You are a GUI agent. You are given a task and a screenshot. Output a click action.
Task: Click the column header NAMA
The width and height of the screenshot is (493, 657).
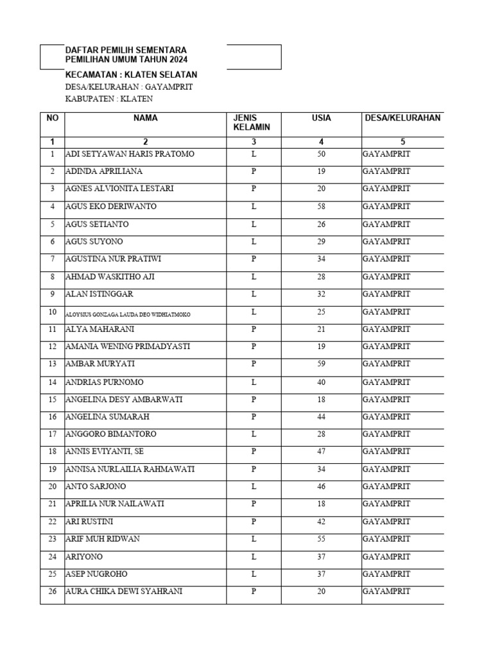[146, 118]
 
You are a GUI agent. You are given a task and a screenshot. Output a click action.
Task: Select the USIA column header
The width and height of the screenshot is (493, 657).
[321, 118]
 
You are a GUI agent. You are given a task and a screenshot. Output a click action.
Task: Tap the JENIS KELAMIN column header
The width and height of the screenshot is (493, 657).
[252, 123]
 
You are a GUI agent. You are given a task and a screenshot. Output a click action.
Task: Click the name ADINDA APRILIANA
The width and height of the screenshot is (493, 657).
[104, 172]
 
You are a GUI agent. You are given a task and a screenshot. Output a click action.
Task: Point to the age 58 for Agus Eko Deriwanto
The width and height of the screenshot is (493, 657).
[321, 207]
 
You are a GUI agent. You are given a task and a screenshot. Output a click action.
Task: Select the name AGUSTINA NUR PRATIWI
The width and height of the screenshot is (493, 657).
[112, 259]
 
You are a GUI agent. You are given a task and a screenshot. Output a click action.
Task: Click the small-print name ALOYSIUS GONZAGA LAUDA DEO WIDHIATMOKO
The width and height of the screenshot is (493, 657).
[128, 314]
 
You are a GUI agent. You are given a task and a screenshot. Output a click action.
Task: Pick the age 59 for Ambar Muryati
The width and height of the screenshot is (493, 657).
[321, 364]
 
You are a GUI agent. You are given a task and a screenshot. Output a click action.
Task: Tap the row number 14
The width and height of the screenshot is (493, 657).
[52, 382]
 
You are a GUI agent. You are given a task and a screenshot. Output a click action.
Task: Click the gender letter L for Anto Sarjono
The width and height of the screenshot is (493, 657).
[254, 486]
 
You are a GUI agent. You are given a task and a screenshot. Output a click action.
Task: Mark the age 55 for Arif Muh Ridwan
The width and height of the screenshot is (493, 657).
[321, 539]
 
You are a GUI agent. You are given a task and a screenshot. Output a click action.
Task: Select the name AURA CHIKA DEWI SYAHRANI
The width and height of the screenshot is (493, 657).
[124, 592]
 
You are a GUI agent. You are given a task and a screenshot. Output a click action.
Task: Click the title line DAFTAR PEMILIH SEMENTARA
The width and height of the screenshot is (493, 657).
[126, 50]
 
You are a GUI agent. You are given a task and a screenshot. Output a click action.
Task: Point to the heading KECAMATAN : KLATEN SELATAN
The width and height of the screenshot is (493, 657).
[131, 75]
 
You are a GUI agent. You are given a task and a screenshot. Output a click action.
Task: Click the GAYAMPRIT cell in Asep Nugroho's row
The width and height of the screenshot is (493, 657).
[386, 574]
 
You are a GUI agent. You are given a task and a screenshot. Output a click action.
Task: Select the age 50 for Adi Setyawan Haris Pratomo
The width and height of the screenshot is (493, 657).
[321, 155]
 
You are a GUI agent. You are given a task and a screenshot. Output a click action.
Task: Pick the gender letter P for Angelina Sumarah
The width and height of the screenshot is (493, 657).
[254, 416]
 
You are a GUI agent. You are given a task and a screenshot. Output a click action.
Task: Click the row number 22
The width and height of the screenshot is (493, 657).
[52, 522]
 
